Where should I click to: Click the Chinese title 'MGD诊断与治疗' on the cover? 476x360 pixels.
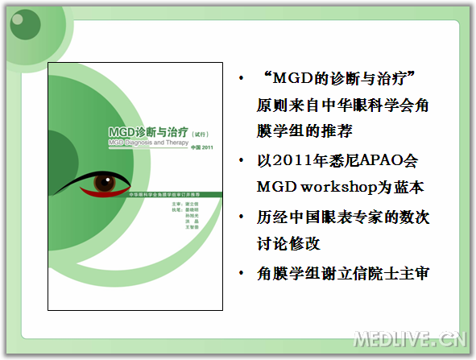[x=148, y=131]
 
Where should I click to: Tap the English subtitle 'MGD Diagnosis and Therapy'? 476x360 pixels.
[x=147, y=142]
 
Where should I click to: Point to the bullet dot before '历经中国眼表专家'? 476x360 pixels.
[x=242, y=217]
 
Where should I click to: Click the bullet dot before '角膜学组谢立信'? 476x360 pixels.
[x=242, y=275]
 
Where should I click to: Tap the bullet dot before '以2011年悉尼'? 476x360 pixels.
[x=242, y=159]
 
